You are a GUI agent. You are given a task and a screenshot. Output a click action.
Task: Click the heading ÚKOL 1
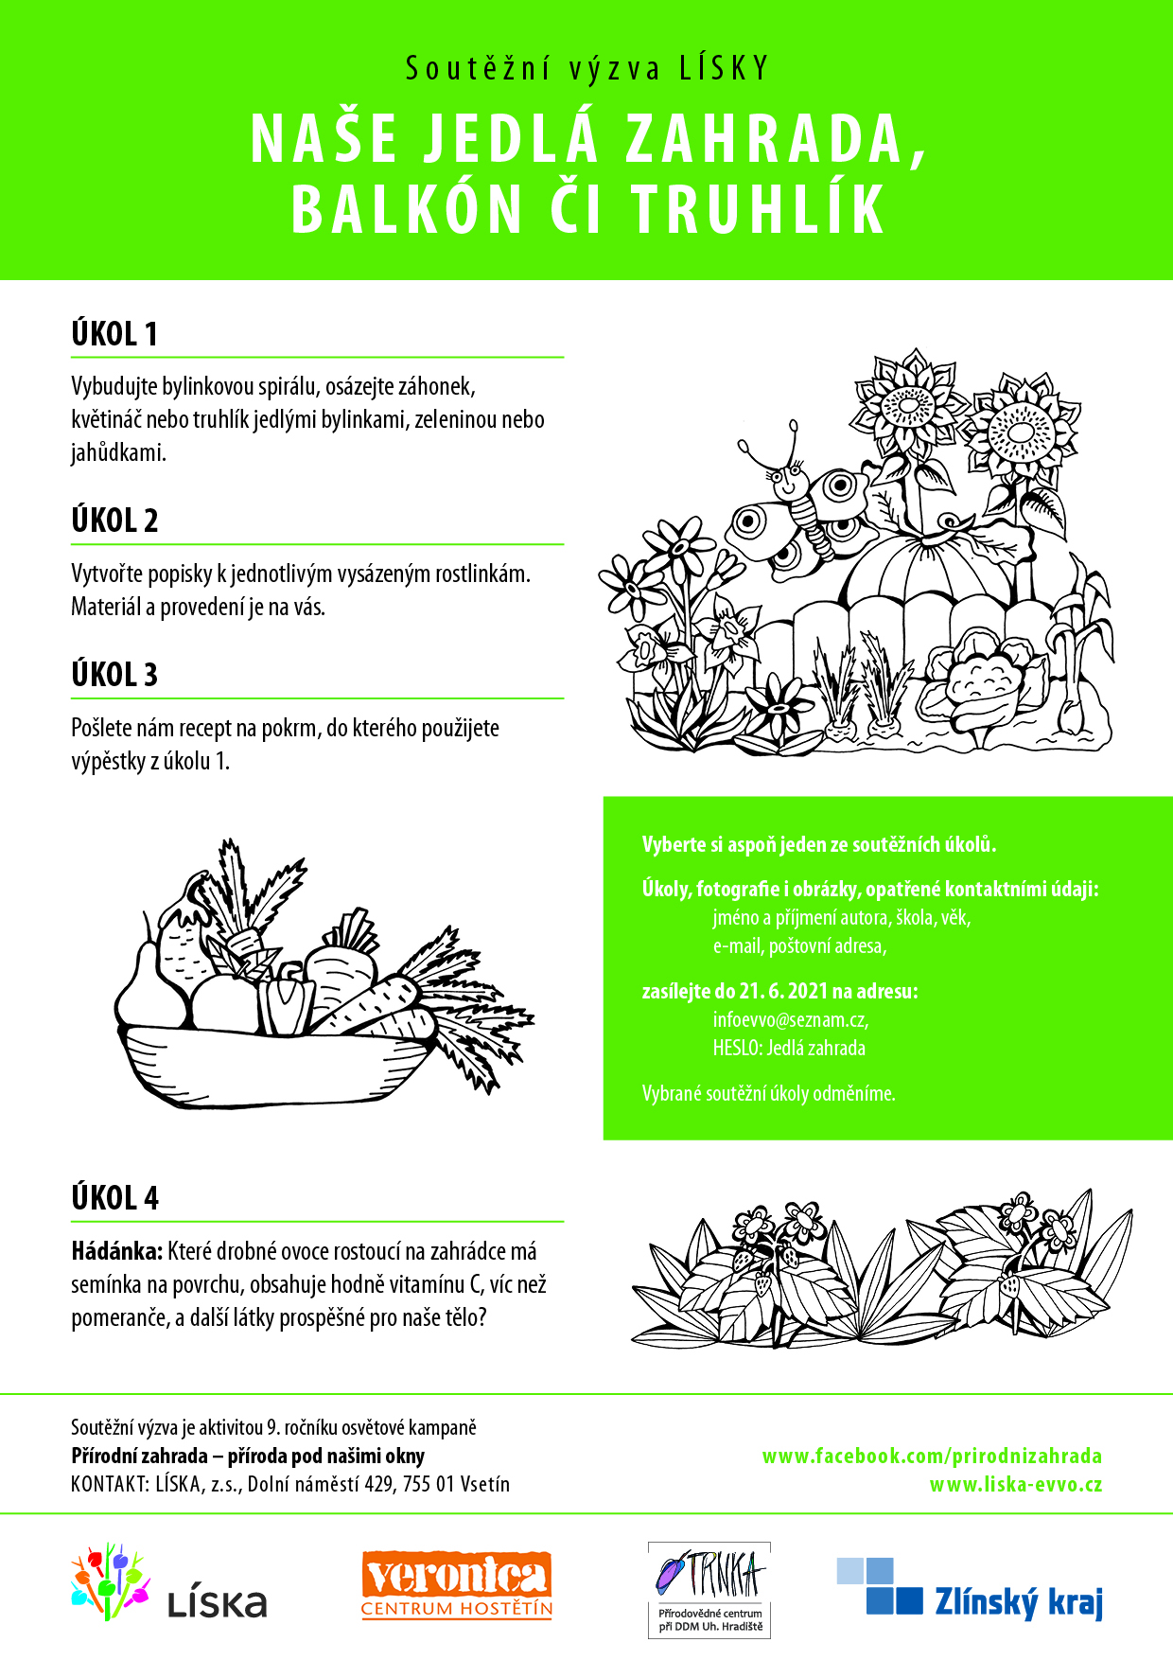(114, 334)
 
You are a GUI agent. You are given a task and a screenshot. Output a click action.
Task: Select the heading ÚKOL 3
(114, 675)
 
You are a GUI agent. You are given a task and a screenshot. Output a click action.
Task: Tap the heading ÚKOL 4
(115, 1198)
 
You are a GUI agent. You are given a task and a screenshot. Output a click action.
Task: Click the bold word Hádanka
(117, 1251)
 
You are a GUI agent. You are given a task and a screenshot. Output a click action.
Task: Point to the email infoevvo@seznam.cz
(791, 1020)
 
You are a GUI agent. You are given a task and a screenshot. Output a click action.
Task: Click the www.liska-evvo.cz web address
(1016, 1484)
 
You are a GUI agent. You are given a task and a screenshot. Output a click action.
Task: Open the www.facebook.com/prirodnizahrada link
(932, 1456)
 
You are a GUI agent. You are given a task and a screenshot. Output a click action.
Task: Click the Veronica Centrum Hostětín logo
(457, 1584)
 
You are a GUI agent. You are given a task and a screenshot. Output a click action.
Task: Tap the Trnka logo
(709, 1590)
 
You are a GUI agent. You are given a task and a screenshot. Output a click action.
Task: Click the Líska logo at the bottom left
(169, 1582)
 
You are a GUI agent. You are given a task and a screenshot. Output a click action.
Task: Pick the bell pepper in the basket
(287, 1001)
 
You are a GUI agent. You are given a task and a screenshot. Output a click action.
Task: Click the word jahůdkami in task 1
(118, 452)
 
